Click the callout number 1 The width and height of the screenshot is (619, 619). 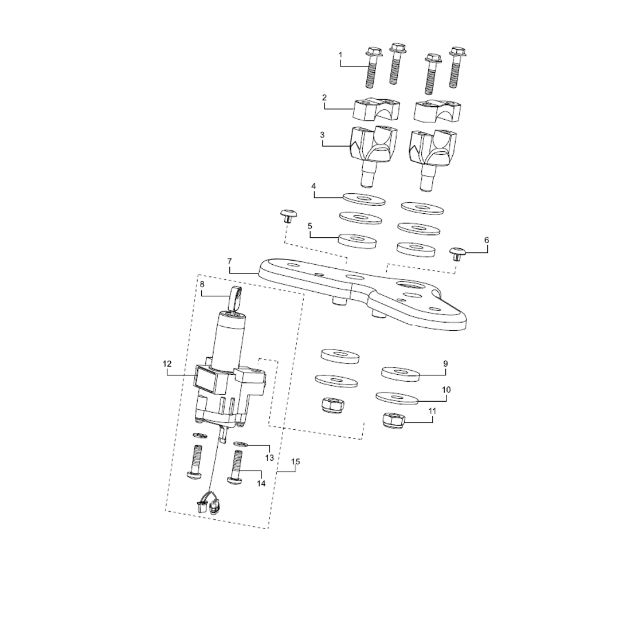340,54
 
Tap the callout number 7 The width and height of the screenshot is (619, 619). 230,261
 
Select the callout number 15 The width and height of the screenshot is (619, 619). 296,461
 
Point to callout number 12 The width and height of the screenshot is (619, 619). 167,363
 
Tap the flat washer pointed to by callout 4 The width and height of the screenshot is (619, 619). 364,199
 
